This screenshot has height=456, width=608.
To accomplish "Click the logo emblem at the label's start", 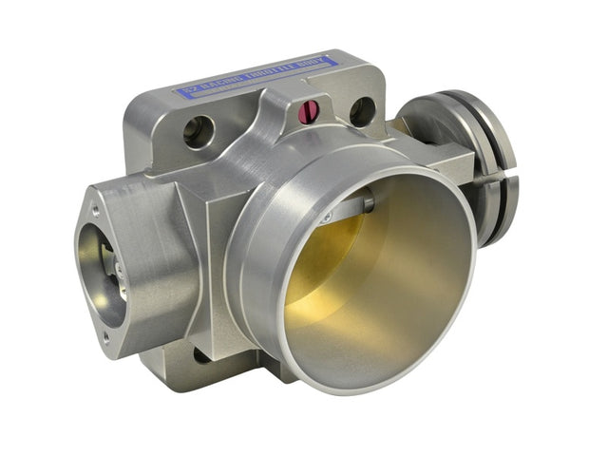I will pyautogui.click(x=186, y=92).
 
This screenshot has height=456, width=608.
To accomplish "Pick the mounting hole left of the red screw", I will pyautogui.click(x=199, y=131).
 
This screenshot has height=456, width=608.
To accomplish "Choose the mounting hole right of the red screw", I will pyautogui.click(x=363, y=111).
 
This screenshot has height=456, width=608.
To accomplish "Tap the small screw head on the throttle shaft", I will pyautogui.click(x=327, y=219).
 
